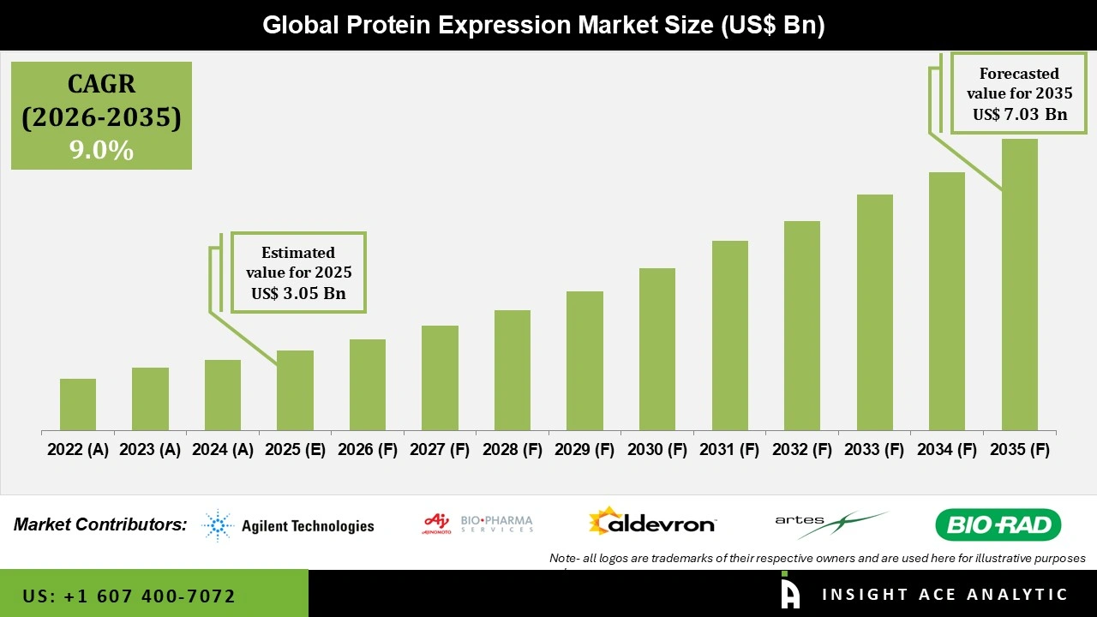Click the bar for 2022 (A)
pos(78,404)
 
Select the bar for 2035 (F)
pos(1019,285)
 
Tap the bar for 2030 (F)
pos(657,349)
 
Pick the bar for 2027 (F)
pos(440,378)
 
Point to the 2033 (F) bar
pos(875,312)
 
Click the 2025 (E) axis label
pos(295,450)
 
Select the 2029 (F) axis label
pos(584,450)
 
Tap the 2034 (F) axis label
pos(947,450)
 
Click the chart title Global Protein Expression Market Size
pos(543,25)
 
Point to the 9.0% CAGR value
pos(101,151)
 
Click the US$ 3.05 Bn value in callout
pos(298,293)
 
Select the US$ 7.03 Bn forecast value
pos(1019,114)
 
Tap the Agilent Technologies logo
pos(289,525)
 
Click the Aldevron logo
pos(652,522)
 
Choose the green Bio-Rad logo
pos(998,524)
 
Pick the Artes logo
pos(830,524)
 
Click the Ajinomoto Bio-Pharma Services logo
pos(478,523)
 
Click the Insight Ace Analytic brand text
pos(944,595)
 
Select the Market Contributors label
pos(100,524)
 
